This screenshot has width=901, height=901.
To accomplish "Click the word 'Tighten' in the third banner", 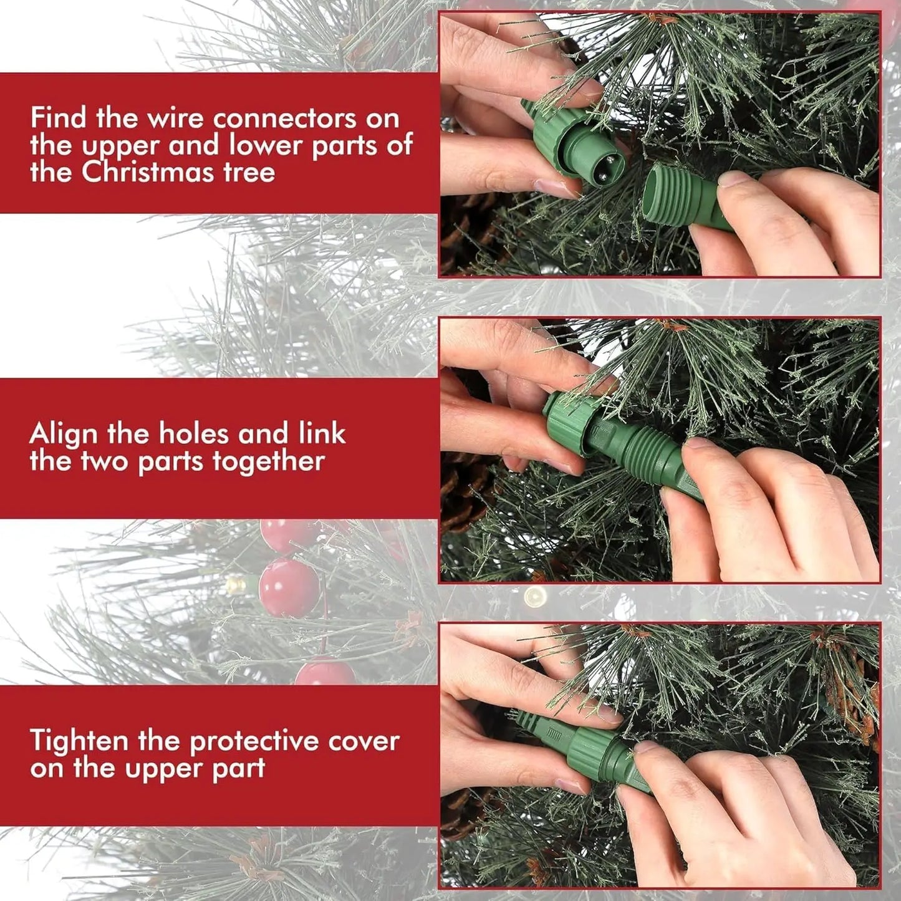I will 79,741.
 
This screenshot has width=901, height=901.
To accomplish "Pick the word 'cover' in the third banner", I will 364,741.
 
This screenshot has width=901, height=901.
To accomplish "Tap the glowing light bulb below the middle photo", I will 534,597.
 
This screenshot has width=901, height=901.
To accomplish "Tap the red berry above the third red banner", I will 324,673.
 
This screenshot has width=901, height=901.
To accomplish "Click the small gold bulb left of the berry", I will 235,585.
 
